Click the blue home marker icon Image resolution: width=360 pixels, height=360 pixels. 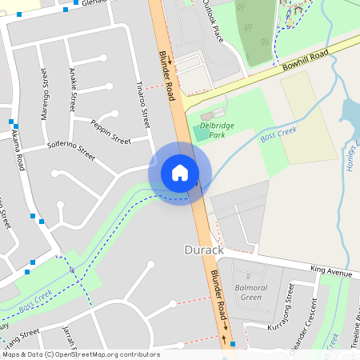180,173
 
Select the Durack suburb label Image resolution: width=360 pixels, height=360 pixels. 201,250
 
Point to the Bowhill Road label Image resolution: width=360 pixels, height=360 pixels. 306,62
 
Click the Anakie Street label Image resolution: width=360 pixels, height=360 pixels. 72,90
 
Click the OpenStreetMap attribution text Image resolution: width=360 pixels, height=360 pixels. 81,354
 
